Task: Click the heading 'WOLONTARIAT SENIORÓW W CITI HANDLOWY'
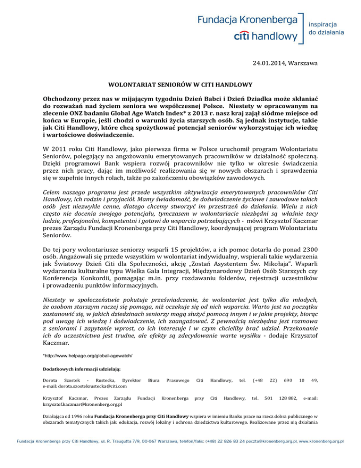[x=180, y=86]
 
